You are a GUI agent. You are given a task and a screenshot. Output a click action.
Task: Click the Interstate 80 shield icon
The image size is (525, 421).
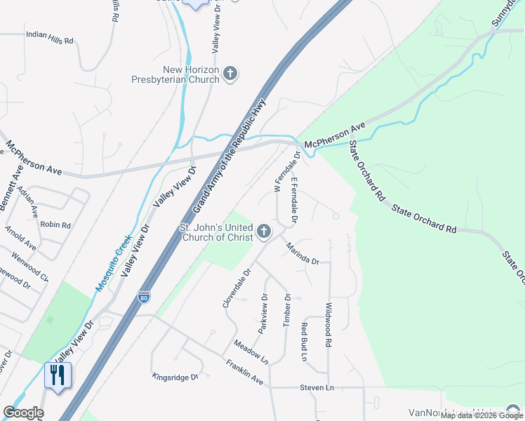(x=144, y=297)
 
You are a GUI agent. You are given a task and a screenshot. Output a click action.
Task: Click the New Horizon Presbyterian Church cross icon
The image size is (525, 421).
(x=231, y=73)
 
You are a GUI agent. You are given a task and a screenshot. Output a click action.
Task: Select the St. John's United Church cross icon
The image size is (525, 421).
(x=264, y=230)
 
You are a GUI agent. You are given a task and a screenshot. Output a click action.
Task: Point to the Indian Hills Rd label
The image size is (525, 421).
(x=49, y=37)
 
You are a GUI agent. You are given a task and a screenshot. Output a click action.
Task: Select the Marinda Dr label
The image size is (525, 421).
(x=303, y=253)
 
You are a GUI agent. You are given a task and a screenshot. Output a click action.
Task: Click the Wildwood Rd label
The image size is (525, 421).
(x=328, y=324)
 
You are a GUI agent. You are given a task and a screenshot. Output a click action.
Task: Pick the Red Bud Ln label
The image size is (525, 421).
(x=305, y=341)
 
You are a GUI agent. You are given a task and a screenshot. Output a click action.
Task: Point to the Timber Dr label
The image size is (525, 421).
(x=286, y=309)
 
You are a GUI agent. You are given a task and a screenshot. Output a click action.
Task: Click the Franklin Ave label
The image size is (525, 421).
(x=244, y=373)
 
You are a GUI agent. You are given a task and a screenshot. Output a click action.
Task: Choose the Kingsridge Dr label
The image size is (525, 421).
(x=175, y=377)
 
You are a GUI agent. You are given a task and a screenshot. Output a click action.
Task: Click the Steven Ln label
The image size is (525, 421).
(x=316, y=387)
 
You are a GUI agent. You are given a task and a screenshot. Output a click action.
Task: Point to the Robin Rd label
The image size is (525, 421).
(x=56, y=225)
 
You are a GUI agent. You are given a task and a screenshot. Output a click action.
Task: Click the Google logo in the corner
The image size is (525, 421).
(x=23, y=413)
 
